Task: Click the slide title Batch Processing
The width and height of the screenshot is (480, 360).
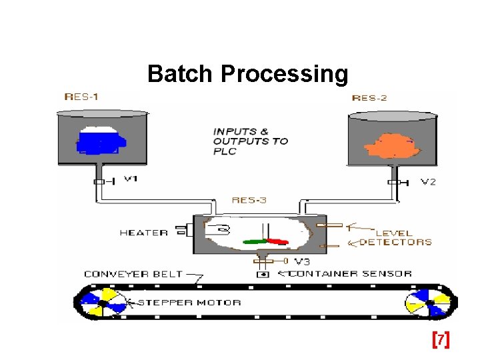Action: [247, 74]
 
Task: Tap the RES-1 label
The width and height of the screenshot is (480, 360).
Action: [81, 97]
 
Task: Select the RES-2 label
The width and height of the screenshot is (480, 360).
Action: [369, 98]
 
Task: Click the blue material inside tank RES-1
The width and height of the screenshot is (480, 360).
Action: [100, 140]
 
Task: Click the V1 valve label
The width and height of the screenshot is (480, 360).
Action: [131, 179]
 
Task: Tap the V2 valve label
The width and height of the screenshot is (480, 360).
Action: [429, 181]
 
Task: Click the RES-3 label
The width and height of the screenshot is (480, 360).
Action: [249, 200]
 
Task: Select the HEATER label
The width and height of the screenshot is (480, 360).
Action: [143, 233]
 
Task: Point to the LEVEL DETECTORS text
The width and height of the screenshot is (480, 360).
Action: [396, 238]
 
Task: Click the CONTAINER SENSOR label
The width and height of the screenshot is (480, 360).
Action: [351, 273]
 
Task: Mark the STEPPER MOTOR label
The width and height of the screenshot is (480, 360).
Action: [189, 303]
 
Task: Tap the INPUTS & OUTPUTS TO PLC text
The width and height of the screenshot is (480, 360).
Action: [251, 141]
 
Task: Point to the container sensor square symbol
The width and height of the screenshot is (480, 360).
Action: [263, 274]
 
